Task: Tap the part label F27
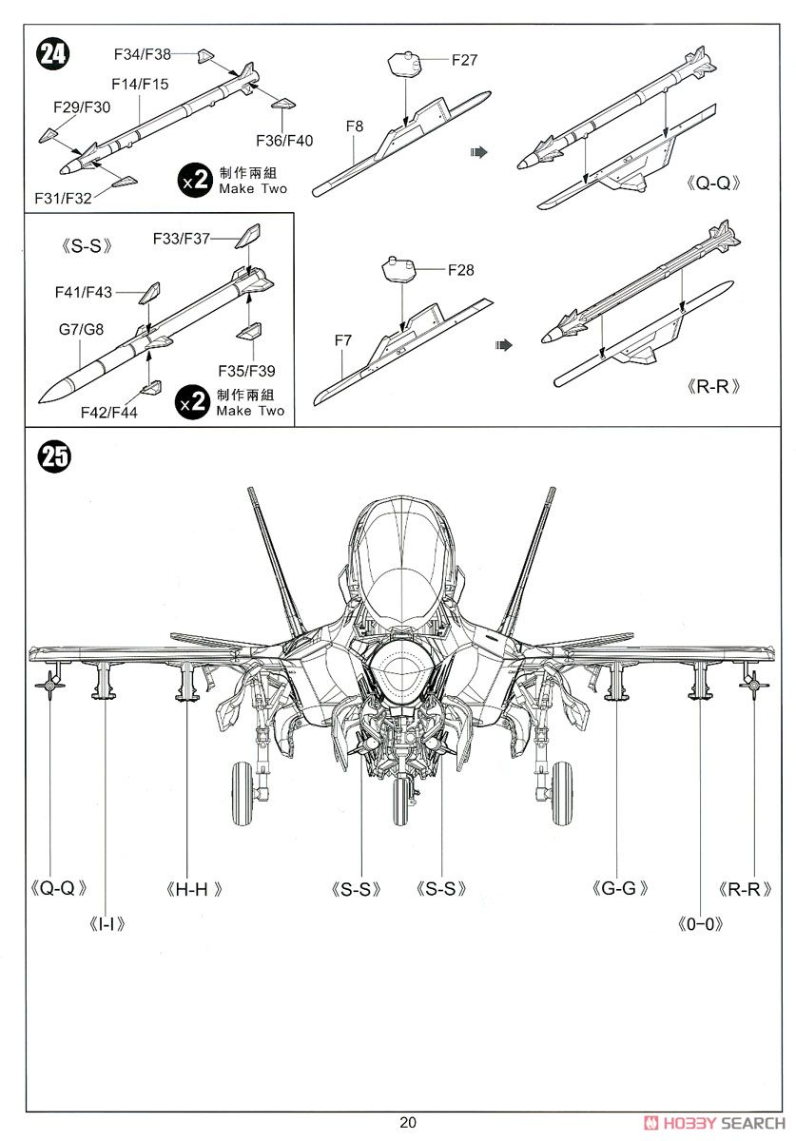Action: [x=464, y=60]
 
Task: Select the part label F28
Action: [x=460, y=270]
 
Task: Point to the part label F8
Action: [x=355, y=126]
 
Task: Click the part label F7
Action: [x=343, y=338]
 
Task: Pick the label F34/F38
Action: [x=142, y=54]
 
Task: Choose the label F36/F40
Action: [x=284, y=141]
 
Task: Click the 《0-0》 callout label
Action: [x=702, y=923]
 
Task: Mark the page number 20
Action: [x=408, y=1122]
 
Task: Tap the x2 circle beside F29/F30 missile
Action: [x=194, y=180]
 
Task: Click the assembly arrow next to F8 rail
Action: [x=478, y=151]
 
